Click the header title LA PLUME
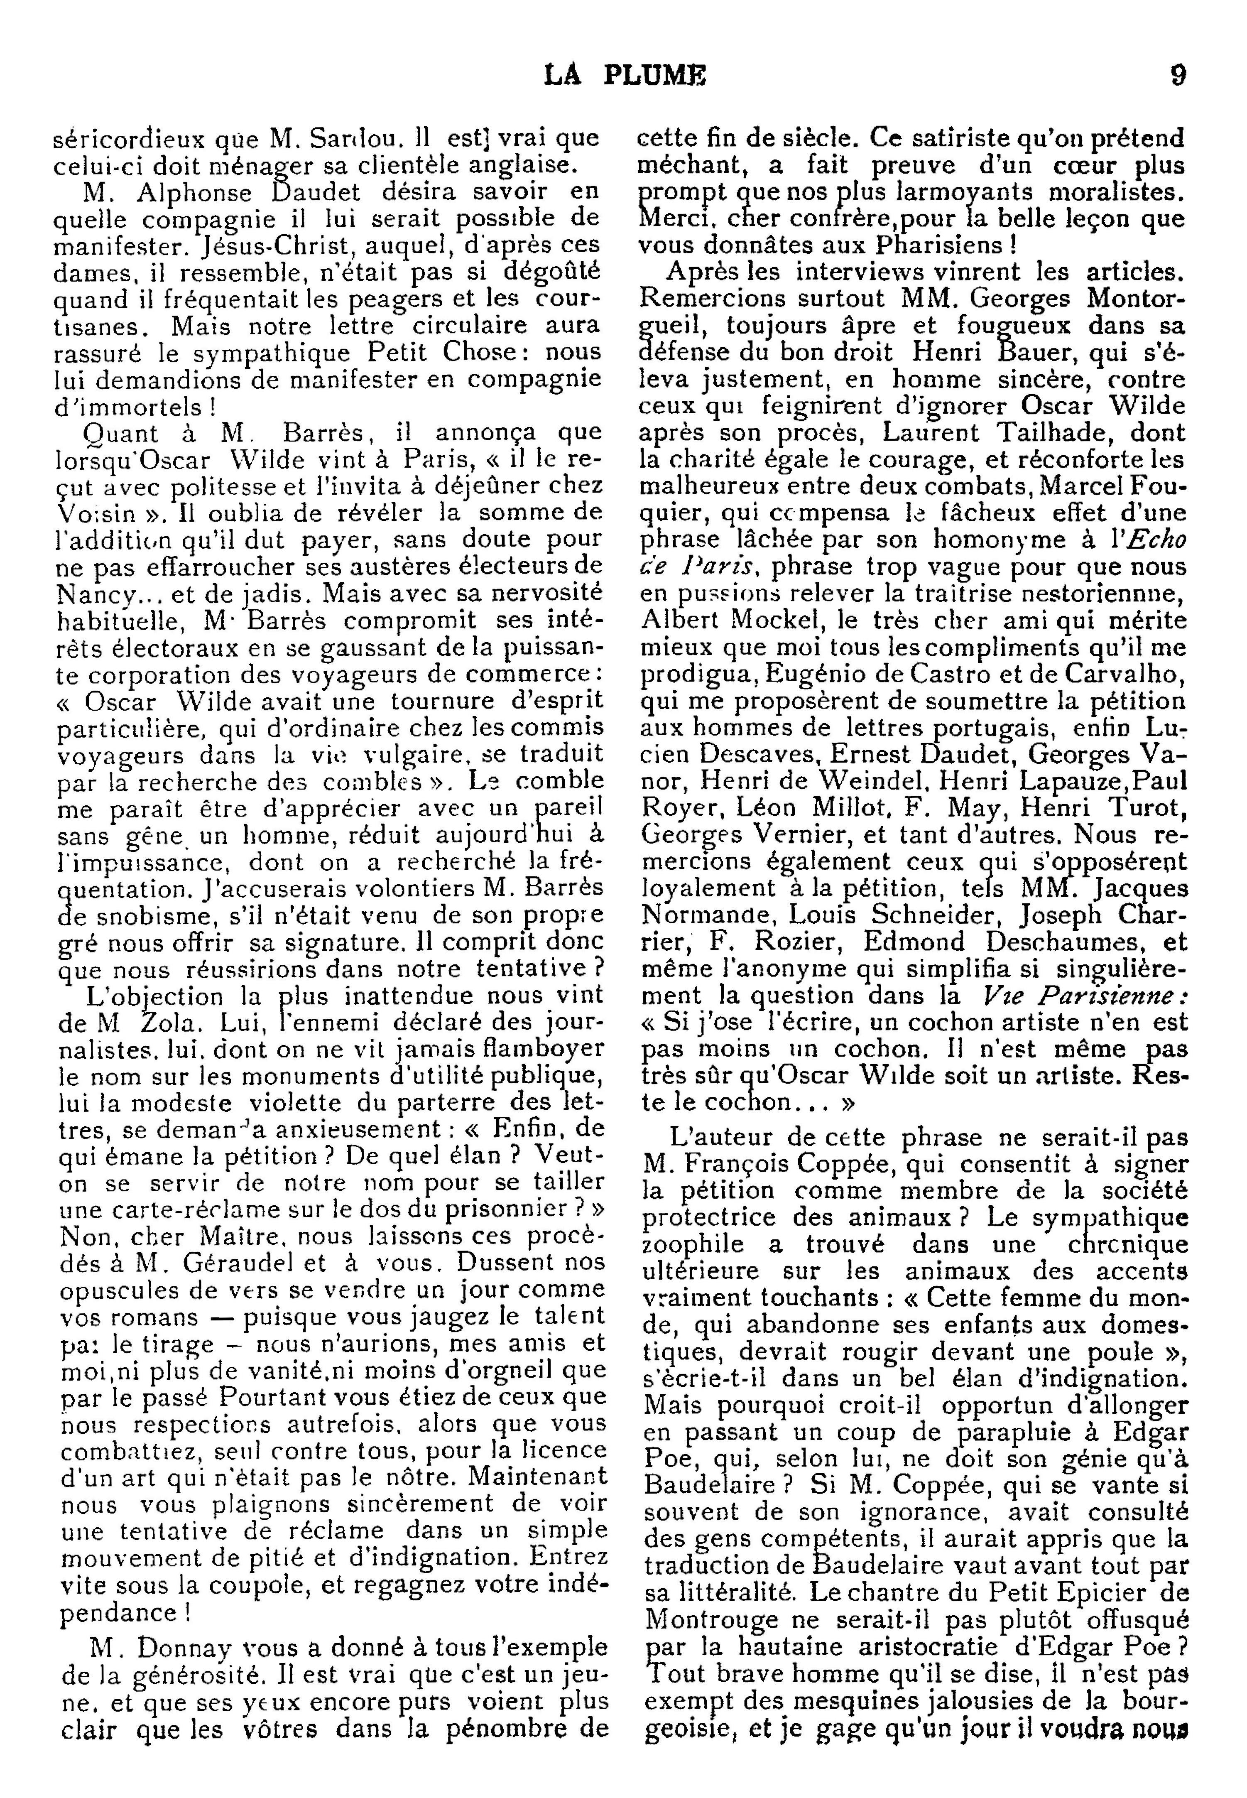tap(625, 76)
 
